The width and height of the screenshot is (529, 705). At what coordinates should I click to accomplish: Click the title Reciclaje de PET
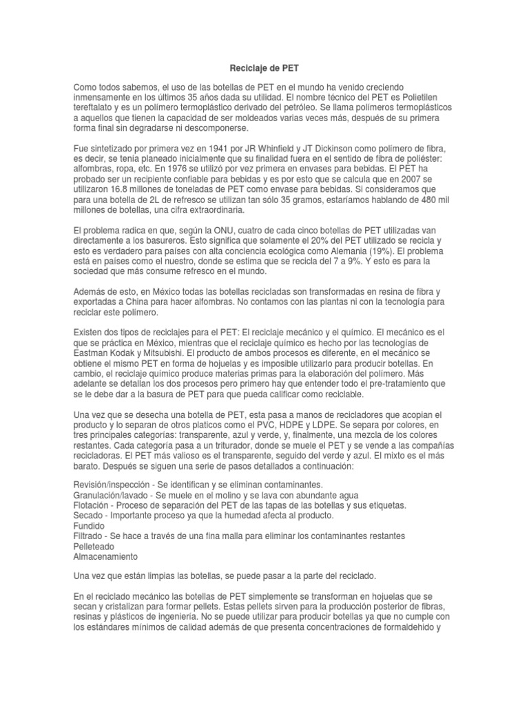(x=264, y=69)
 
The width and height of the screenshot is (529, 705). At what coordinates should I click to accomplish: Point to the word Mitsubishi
(x=174, y=353)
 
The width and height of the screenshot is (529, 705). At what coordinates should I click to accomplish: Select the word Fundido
(x=90, y=525)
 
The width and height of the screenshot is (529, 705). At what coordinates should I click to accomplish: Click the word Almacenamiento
(x=105, y=556)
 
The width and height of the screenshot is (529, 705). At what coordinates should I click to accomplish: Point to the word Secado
(x=89, y=515)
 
